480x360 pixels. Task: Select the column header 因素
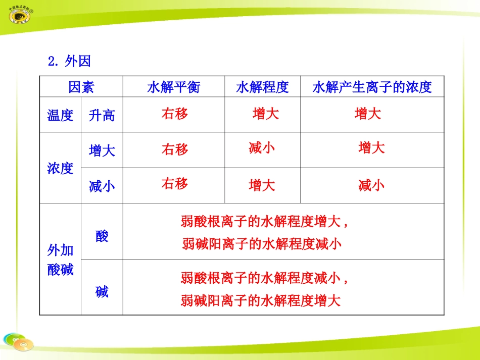pos(81,87)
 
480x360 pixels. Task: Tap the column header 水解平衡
pos(173,87)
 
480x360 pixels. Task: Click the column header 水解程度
pos(262,87)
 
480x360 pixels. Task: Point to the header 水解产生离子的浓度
pos(372,87)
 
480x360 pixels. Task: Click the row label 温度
pos(60,115)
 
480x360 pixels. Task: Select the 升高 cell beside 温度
pos(102,115)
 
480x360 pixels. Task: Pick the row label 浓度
pos(60,168)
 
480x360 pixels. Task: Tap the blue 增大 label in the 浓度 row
pos(102,150)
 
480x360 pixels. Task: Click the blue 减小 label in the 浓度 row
pos(102,186)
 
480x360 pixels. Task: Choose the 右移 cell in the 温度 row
pos(175,114)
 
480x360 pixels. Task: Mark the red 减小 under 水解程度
pos(262,148)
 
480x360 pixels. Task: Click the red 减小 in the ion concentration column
pos(371,185)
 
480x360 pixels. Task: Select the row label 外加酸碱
pos(60,260)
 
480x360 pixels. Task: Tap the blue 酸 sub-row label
pos(102,236)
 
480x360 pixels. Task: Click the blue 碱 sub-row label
pos(102,291)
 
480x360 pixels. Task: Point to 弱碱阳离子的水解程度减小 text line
pos(261,244)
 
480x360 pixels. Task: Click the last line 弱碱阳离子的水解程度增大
pos(261,301)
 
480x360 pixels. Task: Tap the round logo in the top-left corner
pos(19,15)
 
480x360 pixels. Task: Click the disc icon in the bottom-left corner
pos(18,343)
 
